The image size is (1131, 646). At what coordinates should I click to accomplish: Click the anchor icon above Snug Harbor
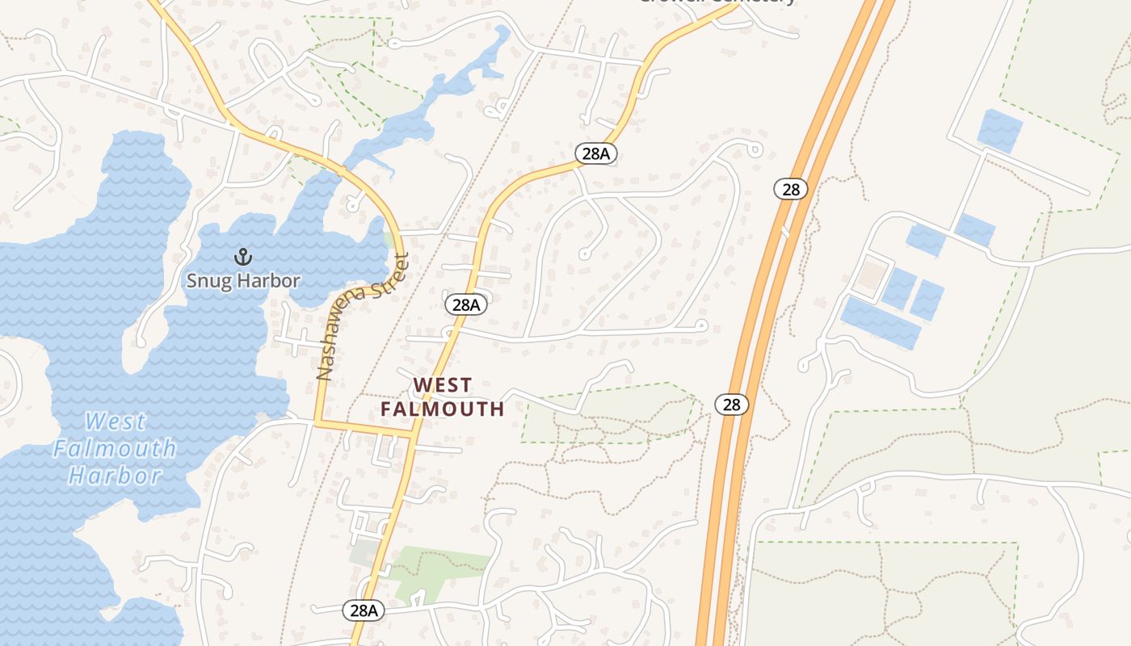(x=242, y=258)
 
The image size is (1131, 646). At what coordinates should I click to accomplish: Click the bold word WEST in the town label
(x=442, y=384)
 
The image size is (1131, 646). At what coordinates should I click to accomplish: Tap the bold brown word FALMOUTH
(x=442, y=409)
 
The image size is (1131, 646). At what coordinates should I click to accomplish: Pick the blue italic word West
(x=116, y=422)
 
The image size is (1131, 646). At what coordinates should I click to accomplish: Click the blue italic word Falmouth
(x=115, y=448)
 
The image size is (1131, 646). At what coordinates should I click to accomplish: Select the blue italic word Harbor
(x=115, y=475)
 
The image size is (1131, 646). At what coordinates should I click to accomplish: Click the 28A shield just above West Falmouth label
(x=466, y=304)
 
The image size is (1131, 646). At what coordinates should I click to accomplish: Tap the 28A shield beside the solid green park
(x=364, y=610)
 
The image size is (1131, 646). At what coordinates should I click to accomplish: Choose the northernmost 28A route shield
(x=595, y=153)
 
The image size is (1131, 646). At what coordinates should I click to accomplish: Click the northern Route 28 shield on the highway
(x=790, y=189)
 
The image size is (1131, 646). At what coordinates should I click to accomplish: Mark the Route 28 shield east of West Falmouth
(x=731, y=404)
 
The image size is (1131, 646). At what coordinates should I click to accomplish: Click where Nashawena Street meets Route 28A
(x=414, y=434)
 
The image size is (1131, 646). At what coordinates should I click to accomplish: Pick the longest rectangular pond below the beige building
(x=880, y=323)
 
